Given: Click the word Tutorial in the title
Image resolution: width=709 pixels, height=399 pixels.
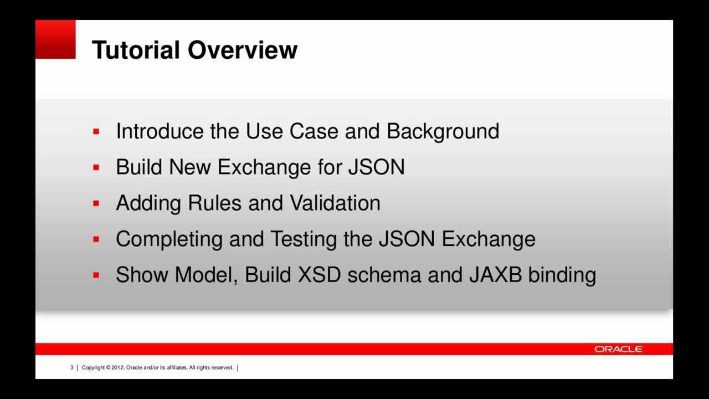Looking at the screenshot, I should click(136, 50).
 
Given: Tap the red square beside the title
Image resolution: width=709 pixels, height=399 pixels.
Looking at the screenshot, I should click(55, 39).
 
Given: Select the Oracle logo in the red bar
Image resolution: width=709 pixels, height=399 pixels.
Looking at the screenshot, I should click(618, 349).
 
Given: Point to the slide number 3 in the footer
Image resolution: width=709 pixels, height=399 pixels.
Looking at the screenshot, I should click(71, 367).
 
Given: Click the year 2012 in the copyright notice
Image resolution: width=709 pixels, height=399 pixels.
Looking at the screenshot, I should click(117, 367).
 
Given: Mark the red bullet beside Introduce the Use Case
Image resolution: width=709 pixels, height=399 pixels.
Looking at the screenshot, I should click(96, 132).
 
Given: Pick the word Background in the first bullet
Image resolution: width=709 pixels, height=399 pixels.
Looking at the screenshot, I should click(443, 131).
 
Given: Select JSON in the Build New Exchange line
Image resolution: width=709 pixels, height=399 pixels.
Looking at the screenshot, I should click(376, 167).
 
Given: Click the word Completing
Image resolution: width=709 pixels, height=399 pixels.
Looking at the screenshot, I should click(169, 239).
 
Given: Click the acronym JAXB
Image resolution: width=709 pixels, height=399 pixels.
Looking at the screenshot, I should click(495, 275).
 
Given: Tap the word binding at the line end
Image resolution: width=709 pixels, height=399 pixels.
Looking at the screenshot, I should click(562, 275).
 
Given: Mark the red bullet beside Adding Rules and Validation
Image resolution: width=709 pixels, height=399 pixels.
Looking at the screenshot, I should click(96, 204).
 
